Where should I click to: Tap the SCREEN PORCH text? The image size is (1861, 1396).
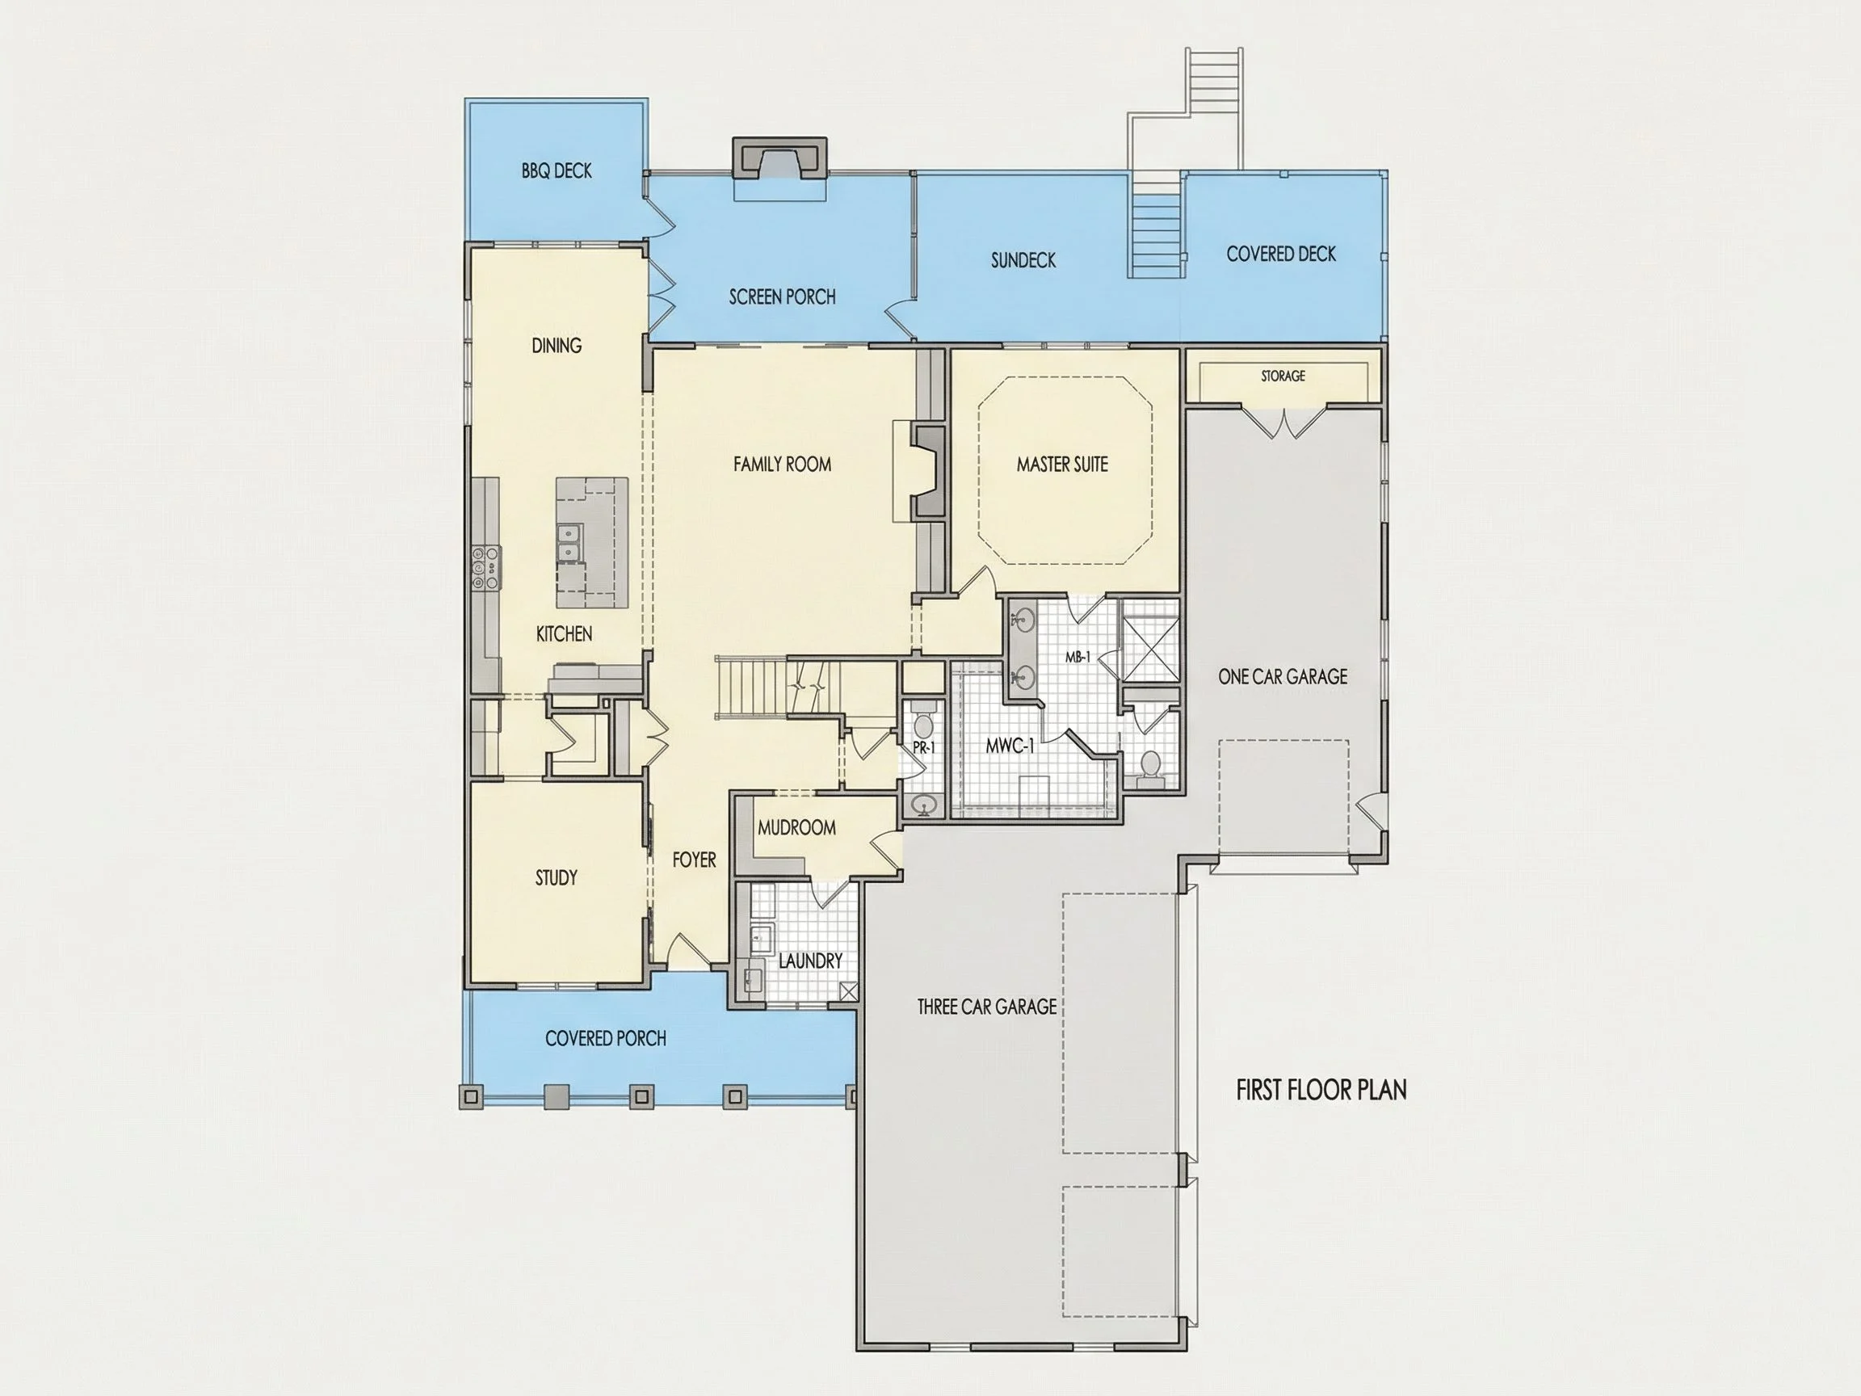tap(782, 297)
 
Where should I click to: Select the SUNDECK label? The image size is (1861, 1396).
tap(1023, 260)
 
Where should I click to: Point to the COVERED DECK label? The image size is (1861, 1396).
tap(1280, 254)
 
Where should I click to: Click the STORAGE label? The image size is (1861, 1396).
tap(1283, 376)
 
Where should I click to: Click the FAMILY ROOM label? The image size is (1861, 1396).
tap(782, 465)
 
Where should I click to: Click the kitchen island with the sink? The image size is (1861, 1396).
tap(591, 543)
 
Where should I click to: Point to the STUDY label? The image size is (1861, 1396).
tap(556, 877)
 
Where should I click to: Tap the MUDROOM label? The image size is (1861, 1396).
tap(796, 827)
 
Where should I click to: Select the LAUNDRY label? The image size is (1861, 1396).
tap(810, 960)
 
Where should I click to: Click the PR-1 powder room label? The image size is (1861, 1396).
tap(924, 746)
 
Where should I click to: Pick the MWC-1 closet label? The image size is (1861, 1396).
tap(1010, 746)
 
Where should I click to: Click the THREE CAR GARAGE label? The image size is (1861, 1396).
tap(987, 1007)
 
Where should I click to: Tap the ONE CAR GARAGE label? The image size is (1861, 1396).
tap(1282, 676)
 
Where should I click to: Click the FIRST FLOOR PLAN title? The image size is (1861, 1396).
tap(1321, 1090)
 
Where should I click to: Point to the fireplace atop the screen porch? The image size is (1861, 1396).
tap(780, 158)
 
